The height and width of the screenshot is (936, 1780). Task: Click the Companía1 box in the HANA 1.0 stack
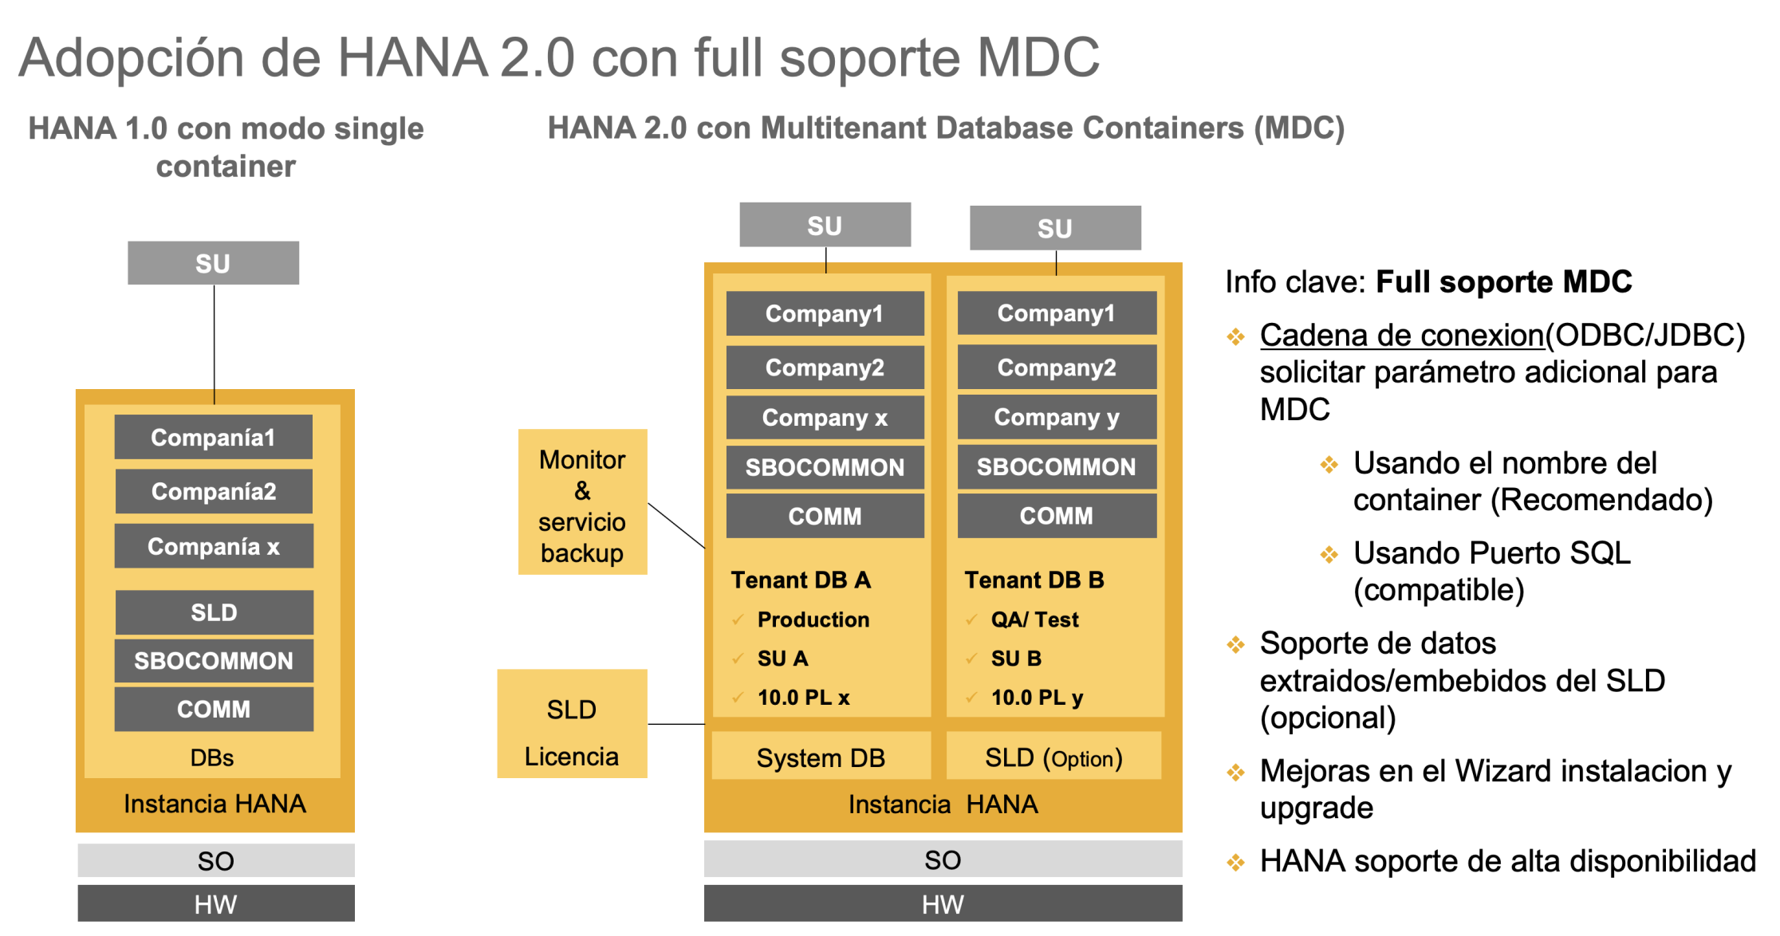pyautogui.click(x=213, y=437)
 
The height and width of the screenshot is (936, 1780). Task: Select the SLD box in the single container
pyautogui.click(x=214, y=612)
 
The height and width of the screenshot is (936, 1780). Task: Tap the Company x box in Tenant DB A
pyautogui.click(x=825, y=418)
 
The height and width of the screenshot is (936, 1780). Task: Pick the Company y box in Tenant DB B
pyautogui.click(x=1057, y=417)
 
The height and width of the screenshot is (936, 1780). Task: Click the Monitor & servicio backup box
pyautogui.click(x=582, y=502)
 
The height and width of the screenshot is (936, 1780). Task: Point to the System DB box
pyautogui.click(x=821, y=757)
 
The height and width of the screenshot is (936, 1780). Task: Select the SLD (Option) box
pyautogui.click(x=1053, y=757)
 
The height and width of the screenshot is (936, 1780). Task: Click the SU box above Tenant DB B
pyautogui.click(x=1054, y=228)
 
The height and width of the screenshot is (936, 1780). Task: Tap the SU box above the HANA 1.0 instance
pyautogui.click(x=213, y=263)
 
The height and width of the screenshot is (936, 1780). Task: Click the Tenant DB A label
pyautogui.click(x=801, y=580)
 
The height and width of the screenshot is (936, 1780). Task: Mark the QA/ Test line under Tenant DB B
pyautogui.click(x=1034, y=619)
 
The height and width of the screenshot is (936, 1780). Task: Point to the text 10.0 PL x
pyautogui.click(x=803, y=698)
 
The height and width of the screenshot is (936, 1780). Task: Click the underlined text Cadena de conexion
pyautogui.click(x=1402, y=336)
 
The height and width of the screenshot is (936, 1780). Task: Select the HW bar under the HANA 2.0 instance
pyautogui.click(x=943, y=903)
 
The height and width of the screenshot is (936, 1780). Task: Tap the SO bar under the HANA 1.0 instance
pyautogui.click(x=215, y=860)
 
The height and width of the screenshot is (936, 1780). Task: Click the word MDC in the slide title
pyautogui.click(x=1038, y=57)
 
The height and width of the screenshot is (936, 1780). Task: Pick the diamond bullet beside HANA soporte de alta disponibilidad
pyautogui.click(x=1235, y=862)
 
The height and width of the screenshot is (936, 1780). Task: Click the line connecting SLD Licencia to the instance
pyautogui.click(x=675, y=724)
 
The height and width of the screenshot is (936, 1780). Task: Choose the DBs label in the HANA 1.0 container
pyautogui.click(x=212, y=757)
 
